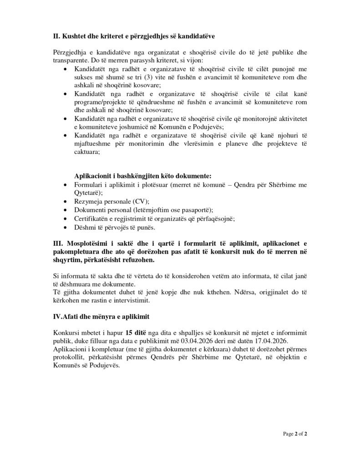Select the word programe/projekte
pyautogui.click(x=98, y=102)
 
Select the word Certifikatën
pyautogui.click(x=92, y=218)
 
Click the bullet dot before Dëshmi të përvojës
pyautogui.click(x=66, y=227)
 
